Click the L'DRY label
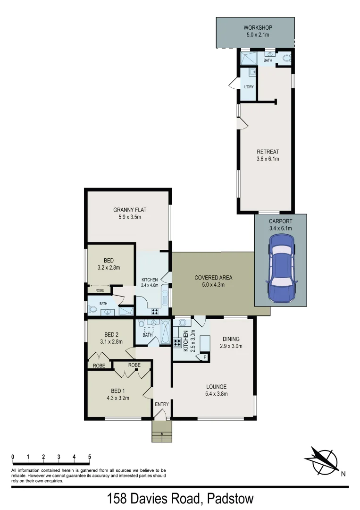point(249,87)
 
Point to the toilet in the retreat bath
point(286,59)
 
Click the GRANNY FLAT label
point(127,210)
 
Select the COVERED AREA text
point(213,278)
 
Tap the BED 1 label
point(117,391)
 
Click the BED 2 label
point(111,335)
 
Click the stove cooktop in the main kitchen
point(178,343)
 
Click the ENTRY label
point(162,404)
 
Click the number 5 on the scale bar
point(89,457)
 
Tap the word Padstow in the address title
point(227,499)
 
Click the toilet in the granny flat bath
point(92,310)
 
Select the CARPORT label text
point(280,221)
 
